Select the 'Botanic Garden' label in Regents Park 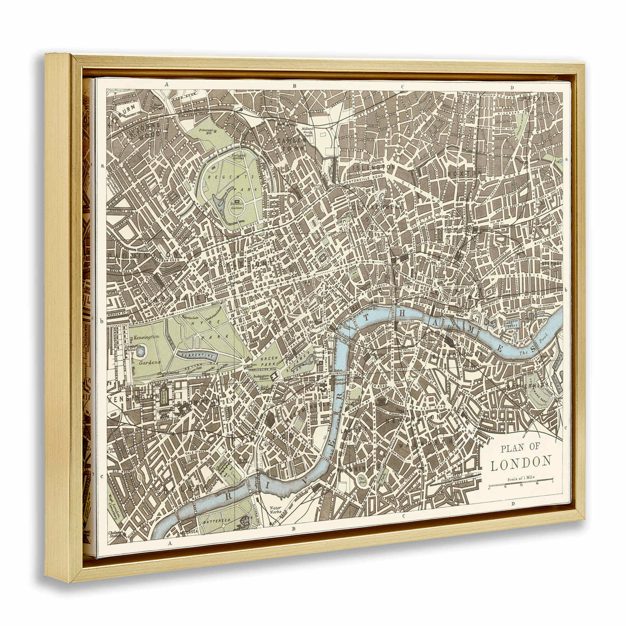pyautogui.click(x=237, y=206)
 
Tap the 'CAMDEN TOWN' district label pyautogui.click(x=291, y=145)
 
